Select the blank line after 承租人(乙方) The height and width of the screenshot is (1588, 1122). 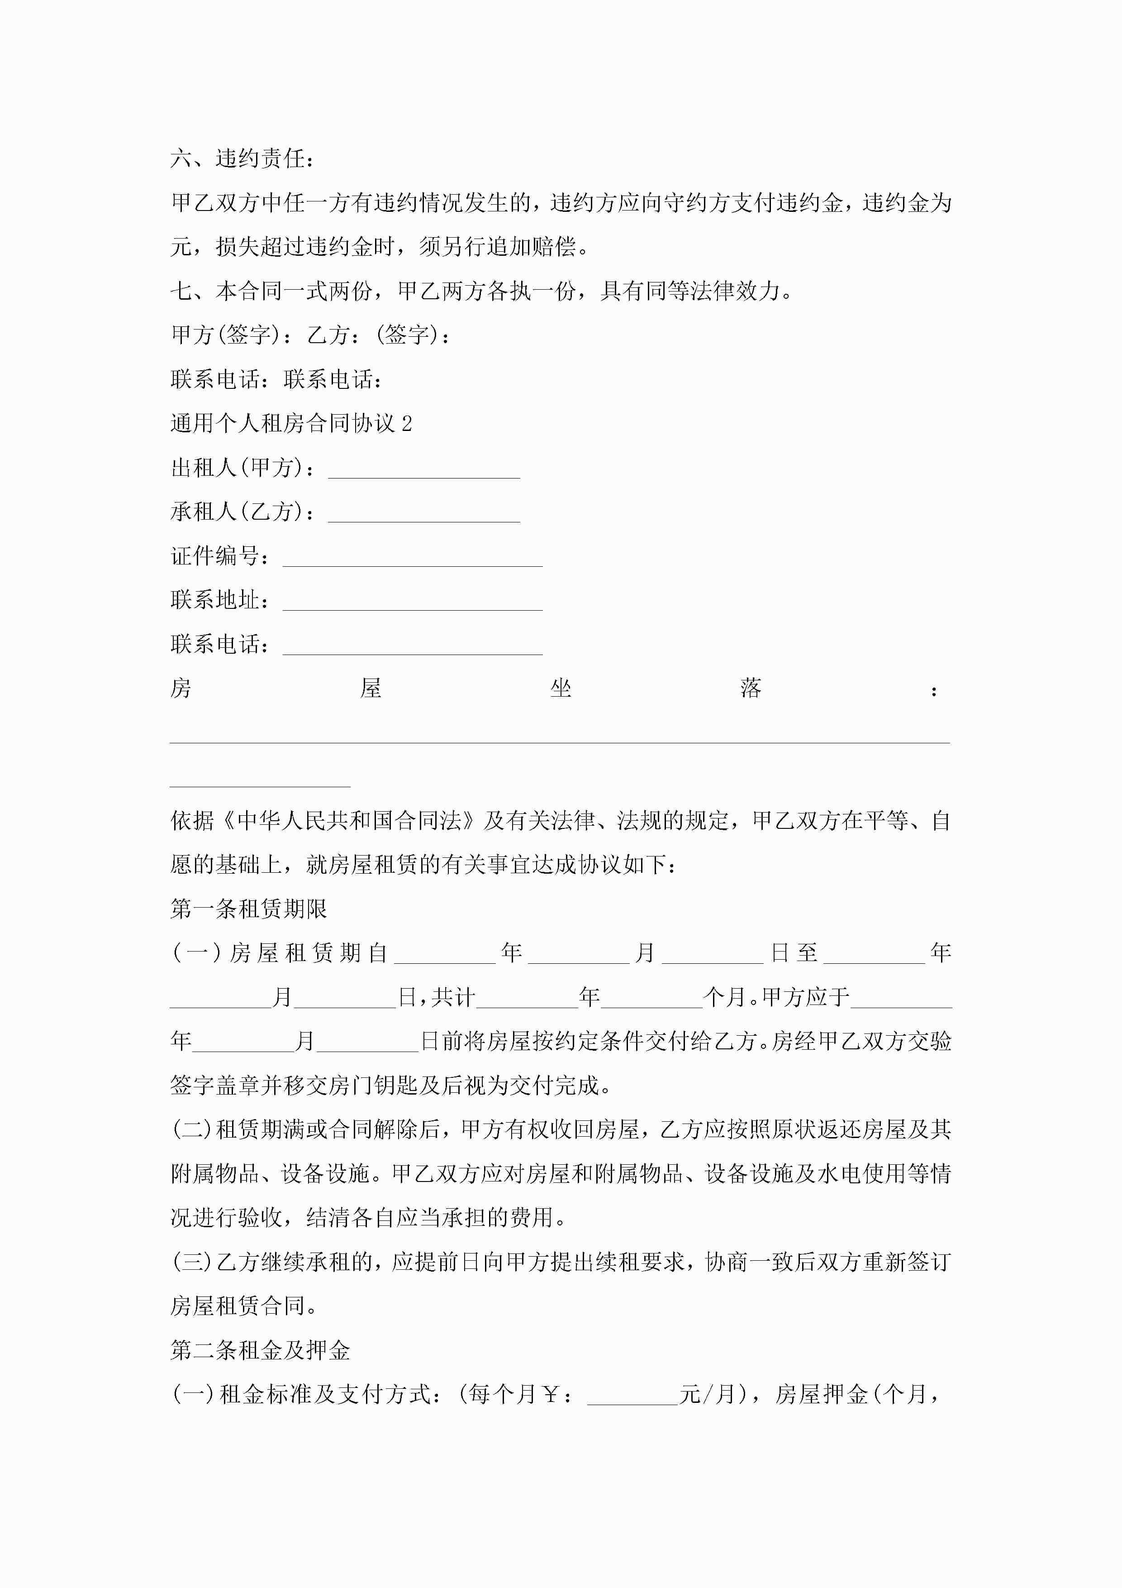(x=424, y=514)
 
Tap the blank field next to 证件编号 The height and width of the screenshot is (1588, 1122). (x=412, y=558)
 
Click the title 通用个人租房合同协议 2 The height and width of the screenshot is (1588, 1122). (x=291, y=423)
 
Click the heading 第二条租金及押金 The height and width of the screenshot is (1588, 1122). (x=260, y=1349)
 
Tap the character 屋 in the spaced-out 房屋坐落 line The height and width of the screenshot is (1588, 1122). (x=371, y=689)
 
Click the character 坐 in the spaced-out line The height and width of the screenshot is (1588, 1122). (x=561, y=689)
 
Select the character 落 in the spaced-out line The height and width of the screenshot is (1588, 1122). (x=751, y=689)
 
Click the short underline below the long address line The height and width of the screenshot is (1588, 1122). (x=260, y=786)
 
